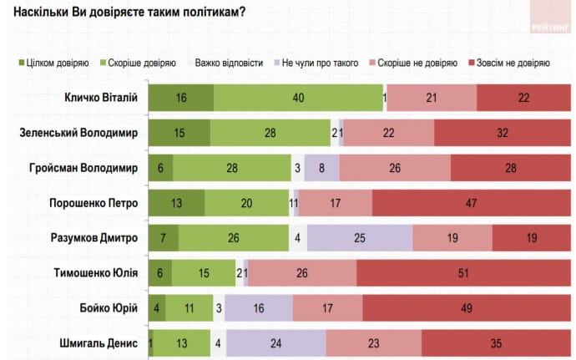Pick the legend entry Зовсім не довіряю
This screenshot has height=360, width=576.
pos(513,63)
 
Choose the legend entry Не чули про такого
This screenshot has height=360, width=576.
pos(320,63)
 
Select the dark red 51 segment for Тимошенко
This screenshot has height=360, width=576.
pos(463,273)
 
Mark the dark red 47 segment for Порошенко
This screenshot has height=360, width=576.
pos(472,203)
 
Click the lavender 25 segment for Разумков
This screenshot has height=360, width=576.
pos(360,238)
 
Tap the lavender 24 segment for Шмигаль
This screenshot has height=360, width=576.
pos(275,342)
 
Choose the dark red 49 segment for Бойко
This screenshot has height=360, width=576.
pos(467,307)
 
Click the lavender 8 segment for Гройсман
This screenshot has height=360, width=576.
pos(321,168)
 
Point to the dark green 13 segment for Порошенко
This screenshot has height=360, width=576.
pos(176,203)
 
